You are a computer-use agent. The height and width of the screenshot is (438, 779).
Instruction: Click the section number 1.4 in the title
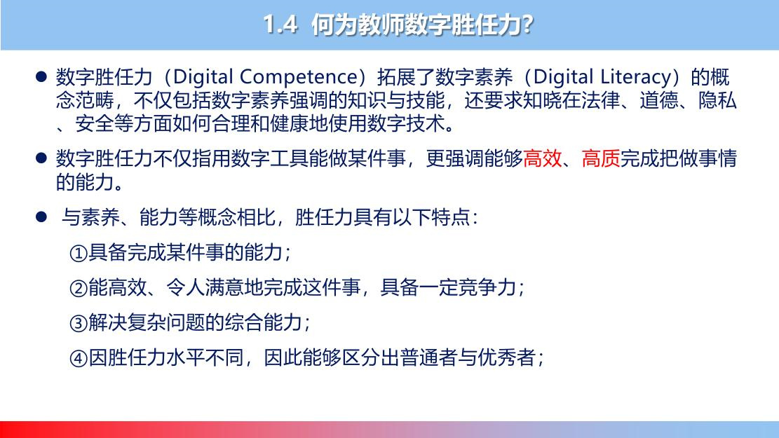tap(280, 24)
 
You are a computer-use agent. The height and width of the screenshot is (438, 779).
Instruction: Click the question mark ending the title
tap(527, 25)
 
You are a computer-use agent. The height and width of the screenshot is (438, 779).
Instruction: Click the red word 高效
tap(543, 159)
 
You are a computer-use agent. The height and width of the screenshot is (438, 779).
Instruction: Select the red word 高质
tap(601, 159)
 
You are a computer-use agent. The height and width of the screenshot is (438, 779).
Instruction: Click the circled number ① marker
tap(79, 253)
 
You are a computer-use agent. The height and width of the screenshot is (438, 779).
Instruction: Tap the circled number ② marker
tap(79, 288)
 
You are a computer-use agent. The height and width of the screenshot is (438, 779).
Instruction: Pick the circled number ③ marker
tap(79, 323)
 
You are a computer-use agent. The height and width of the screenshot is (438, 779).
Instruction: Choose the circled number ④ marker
tap(79, 358)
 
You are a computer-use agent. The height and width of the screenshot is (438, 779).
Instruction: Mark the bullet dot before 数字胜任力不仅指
tap(41, 158)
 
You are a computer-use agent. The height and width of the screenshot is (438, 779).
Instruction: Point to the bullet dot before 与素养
tap(41, 217)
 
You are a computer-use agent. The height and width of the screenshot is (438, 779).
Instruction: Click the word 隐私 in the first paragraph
tap(717, 101)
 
